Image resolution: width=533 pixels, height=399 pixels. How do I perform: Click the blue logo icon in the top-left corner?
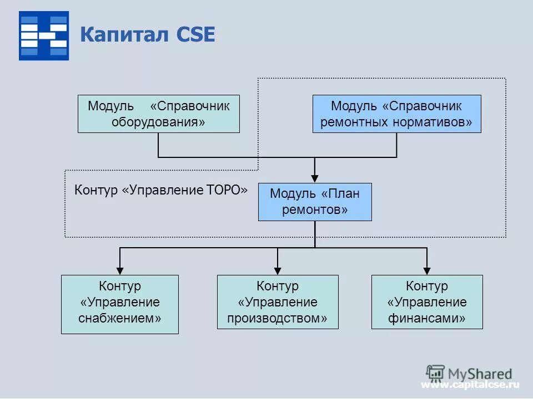pyautogui.click(x=44, y=35)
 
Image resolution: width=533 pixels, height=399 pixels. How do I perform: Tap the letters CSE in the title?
pyautogui.click(x=195, y=34)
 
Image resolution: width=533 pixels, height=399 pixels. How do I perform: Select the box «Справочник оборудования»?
pyautogui.click(x=158, y=114)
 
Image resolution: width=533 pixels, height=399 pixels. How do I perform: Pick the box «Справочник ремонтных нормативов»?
pyautogui.click(x=396, y=114)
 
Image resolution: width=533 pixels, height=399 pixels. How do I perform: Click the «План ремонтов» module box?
pyautogui.click(x=315, y=202)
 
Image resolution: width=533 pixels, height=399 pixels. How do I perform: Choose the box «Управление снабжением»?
pyautogui.click(x=120, y=304)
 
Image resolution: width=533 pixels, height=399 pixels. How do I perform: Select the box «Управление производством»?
pyautogui.click(x=278, y=302)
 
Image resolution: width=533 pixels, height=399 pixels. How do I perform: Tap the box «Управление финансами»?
pyautogui.click(x=427, y=302)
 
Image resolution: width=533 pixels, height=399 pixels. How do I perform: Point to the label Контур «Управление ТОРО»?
pyautogui.click(x=161, y=190)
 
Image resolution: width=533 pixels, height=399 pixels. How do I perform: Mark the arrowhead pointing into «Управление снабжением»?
pyautogui.click(x=120, y=269)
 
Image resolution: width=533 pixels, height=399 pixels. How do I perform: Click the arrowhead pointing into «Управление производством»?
pyautogui.click(x=278, y=269)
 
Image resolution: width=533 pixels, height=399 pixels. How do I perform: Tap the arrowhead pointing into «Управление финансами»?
pyautogui.click(x=427, y=269)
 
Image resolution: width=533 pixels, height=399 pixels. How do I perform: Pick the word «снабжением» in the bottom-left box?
pyautogui.click(x=120, y=319)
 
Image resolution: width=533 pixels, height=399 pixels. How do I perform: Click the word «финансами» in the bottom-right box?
pyautogui.click(x=427, y=319)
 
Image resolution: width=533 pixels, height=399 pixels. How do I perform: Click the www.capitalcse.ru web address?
pyautogui.click(x=470, y=385)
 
